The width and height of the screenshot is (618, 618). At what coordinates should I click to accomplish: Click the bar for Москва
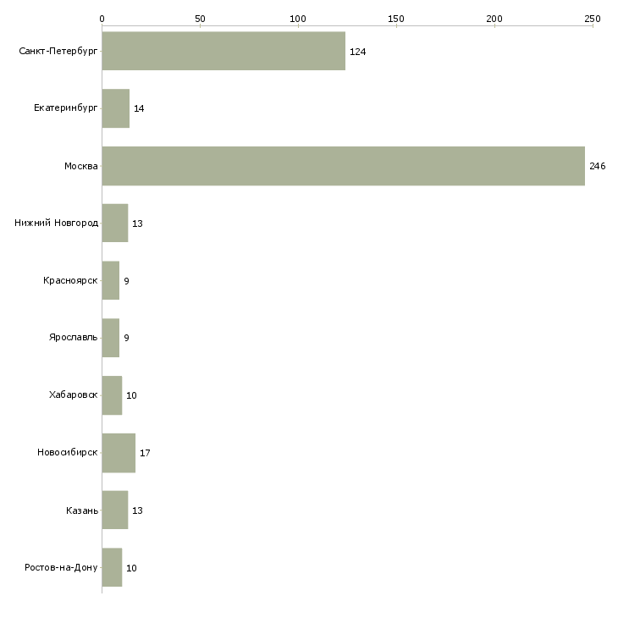tap(344, 166)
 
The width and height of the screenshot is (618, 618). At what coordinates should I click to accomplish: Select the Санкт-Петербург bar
tap(223, 52)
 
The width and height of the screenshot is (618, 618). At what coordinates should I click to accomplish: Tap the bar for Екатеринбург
tap(116, 108)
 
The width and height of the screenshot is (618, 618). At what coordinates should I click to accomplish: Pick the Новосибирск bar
tap(119, 453)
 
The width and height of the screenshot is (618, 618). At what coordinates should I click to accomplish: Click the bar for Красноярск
tap(111, 280)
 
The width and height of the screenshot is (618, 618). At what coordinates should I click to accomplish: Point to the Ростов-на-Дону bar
tap(112, 567)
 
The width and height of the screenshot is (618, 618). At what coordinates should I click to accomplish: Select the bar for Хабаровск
tap(112, 395)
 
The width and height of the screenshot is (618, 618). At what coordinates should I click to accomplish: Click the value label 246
tap(597, 166)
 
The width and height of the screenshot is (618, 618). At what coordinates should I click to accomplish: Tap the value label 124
tap(358, 52)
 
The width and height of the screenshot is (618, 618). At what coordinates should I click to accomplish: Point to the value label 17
tap(145, 453)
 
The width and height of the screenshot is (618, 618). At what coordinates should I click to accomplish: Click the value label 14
tap(139, 108)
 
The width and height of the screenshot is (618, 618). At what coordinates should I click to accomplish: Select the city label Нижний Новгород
tap(57, 223)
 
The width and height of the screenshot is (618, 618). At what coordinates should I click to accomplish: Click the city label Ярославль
tap(74, 338)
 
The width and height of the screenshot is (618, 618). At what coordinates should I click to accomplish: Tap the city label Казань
tap(82, 510)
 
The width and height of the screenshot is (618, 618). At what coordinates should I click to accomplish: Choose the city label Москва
tap(81, 166)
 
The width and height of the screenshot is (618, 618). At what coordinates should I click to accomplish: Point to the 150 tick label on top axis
tap(396, 19)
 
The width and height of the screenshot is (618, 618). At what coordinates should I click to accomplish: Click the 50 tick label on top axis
tap(200, 19)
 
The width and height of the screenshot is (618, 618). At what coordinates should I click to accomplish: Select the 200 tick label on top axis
tap(494, 19)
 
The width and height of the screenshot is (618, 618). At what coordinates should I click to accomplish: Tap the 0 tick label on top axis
tap(102, 19)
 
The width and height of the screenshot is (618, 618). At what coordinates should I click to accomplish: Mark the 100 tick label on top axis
tap(298, 19)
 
